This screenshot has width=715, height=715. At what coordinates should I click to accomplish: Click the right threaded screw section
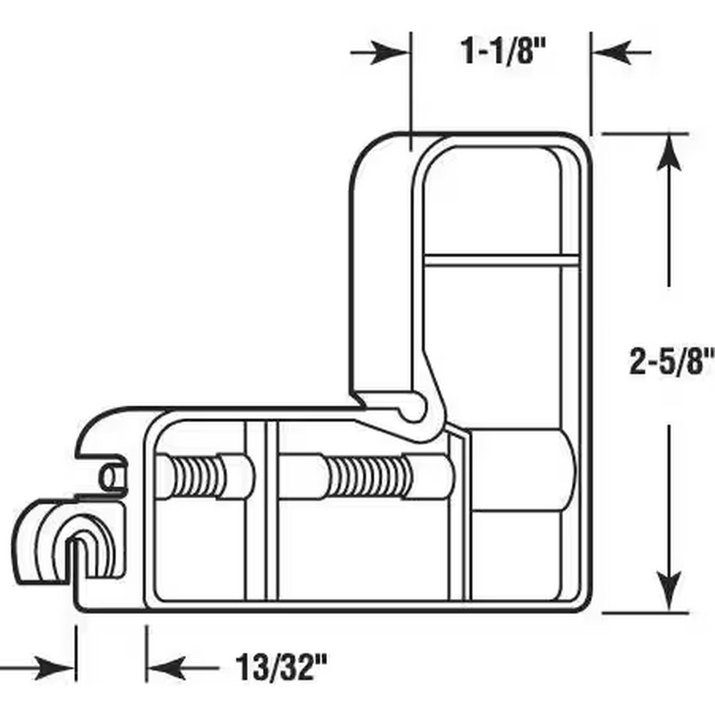click(x=366, y=474)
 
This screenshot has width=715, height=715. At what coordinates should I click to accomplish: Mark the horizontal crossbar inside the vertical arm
click(x=500, y=261)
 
